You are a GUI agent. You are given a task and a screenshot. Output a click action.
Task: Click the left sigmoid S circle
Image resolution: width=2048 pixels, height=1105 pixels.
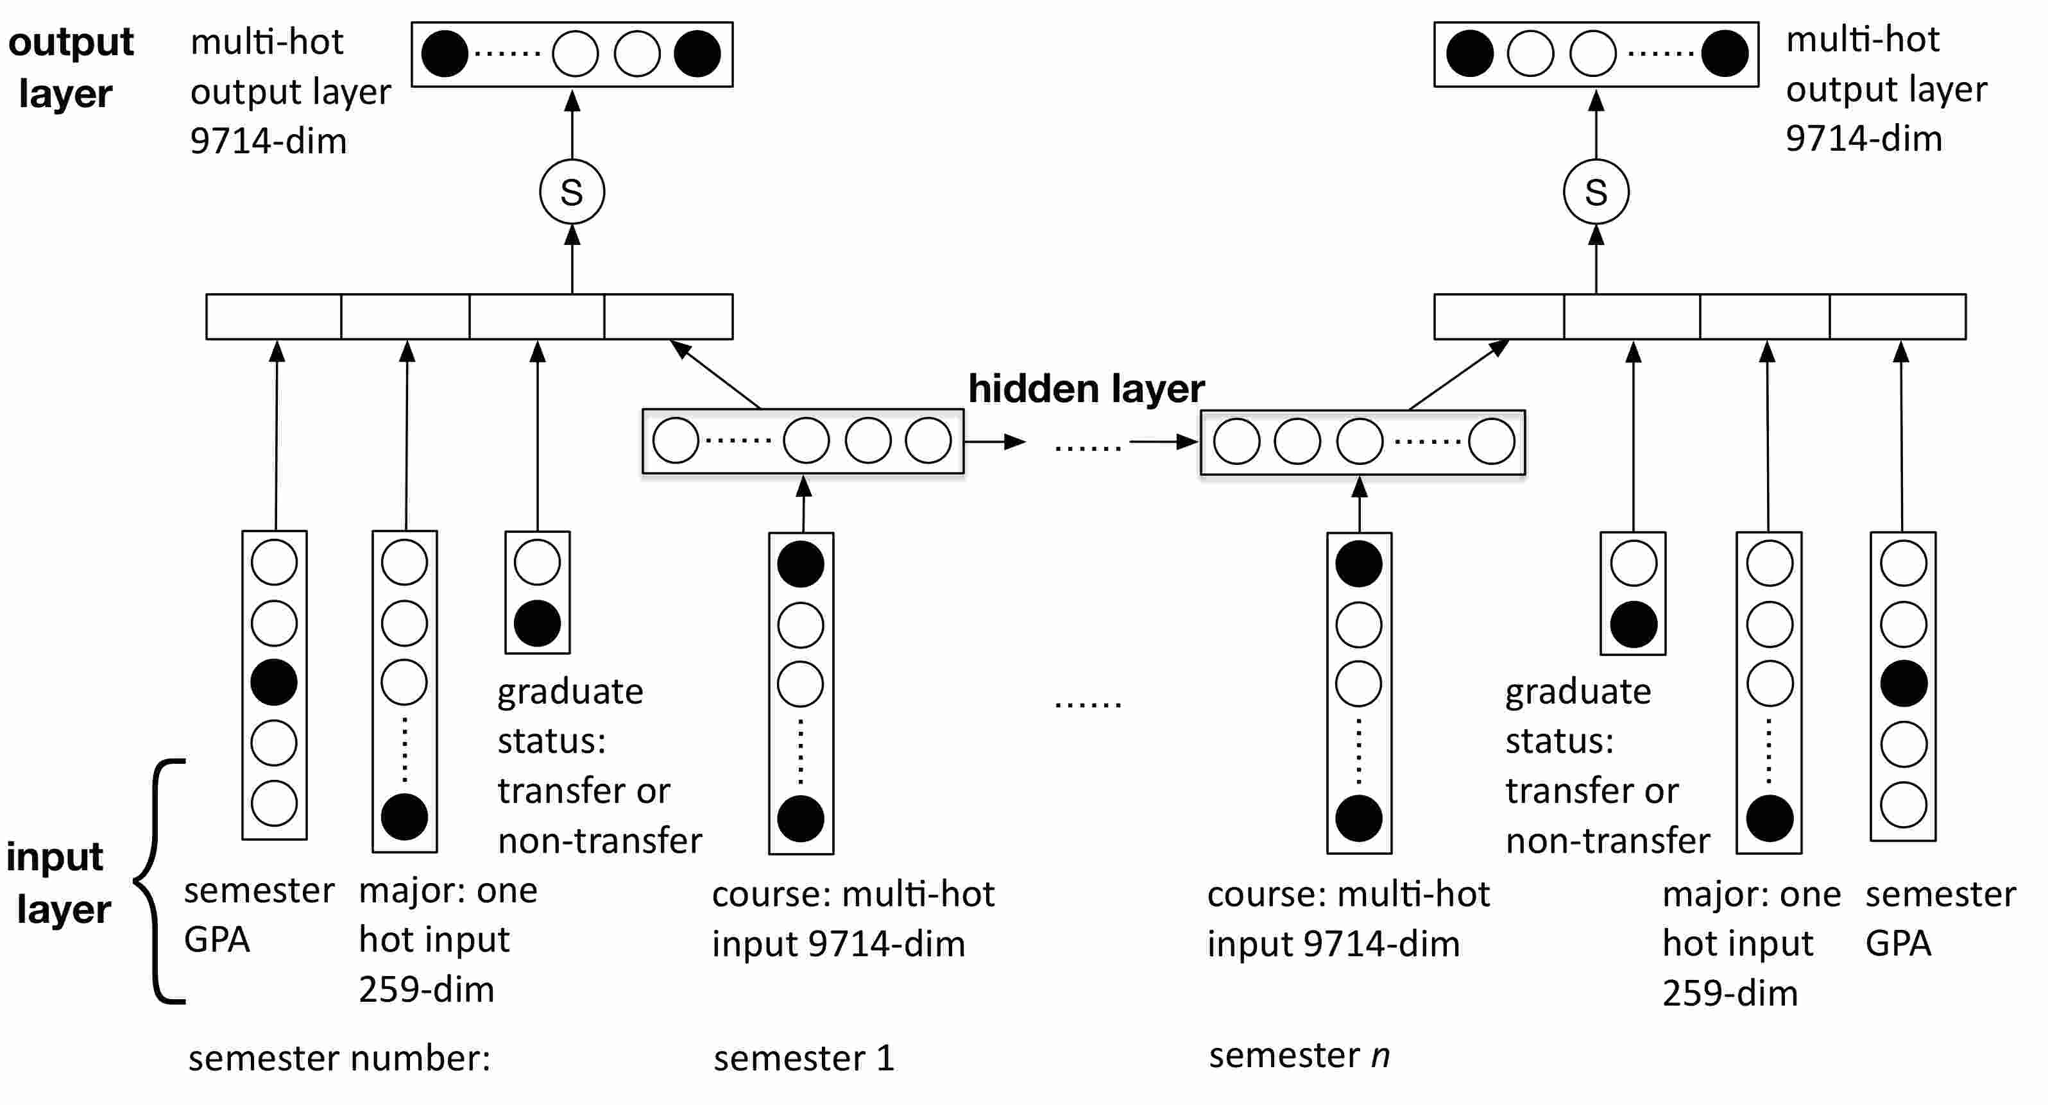coord(572,192)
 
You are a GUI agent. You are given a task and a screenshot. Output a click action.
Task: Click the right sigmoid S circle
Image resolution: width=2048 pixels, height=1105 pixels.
coord(1596,192)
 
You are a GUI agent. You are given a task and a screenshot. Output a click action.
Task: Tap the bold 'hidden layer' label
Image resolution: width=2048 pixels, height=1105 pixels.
coord(1086,389)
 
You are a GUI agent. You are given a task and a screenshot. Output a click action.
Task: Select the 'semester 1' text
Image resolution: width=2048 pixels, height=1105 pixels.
coord(804,1058)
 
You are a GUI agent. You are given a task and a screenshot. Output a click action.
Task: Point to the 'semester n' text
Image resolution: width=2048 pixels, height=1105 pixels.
coord(1299,1056)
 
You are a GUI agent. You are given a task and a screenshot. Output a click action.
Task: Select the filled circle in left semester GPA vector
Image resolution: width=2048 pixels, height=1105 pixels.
coord(275,682)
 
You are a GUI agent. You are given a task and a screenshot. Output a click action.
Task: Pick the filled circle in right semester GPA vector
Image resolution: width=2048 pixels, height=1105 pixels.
coord(1903,684)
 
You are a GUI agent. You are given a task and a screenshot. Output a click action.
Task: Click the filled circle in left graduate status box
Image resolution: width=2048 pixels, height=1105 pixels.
coord(538,623)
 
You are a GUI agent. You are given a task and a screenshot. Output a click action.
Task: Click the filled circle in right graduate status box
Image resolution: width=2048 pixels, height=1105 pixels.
coord(1633,624)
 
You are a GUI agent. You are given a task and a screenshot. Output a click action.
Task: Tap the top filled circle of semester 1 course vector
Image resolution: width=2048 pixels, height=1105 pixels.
coord(801,564)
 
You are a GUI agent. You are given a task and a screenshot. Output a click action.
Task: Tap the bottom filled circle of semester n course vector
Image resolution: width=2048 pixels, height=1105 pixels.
coord(1359,819)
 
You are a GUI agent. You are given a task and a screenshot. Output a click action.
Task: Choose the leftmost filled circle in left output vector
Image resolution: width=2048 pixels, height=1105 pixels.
coord(445,54)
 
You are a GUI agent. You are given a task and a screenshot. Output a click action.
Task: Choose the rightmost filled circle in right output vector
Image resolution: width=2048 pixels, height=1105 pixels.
coord(1725,53)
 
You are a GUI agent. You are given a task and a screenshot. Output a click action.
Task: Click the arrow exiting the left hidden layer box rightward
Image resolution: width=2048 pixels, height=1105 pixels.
coord(994,441)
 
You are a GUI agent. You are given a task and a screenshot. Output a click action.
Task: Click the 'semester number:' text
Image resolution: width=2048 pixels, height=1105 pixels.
coord(339,1058)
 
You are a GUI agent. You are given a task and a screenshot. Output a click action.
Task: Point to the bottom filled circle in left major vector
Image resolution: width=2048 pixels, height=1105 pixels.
coord(405,817)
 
